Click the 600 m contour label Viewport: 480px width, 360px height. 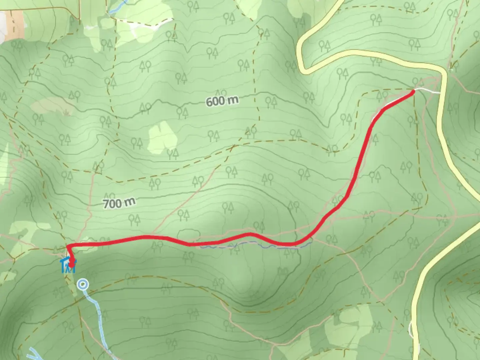(222, 101)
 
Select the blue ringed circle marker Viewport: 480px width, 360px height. (83, 285)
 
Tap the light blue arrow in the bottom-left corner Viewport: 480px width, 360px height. (35, 354)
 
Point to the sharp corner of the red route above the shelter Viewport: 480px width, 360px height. (68, 246)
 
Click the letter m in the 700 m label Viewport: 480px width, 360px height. (130, 201)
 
